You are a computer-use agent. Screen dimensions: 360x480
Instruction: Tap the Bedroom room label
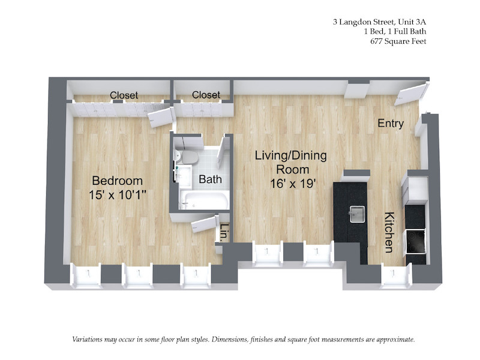(117, 181)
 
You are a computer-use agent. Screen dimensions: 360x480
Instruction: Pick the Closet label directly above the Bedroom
(124, 95)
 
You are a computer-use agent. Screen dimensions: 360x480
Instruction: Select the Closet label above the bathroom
(206, 95)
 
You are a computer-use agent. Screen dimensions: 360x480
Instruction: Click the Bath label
(210, 179)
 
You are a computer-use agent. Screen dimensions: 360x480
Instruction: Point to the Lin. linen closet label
(223, 233)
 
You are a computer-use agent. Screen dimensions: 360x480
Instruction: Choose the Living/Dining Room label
(291, 162)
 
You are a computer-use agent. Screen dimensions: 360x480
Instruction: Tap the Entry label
(391, 124)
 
